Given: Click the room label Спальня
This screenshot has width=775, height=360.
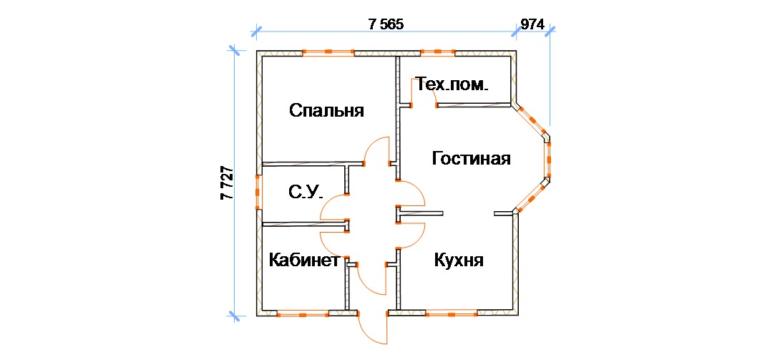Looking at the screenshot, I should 326,111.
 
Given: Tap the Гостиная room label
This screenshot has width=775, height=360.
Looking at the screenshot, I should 471,159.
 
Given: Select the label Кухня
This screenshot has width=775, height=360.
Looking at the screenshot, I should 459,261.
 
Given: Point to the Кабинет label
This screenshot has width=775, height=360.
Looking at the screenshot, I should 303,261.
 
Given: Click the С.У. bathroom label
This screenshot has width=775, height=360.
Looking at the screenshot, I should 306,192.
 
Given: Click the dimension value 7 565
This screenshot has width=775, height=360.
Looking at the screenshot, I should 386,24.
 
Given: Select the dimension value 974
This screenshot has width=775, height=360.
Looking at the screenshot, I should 532,24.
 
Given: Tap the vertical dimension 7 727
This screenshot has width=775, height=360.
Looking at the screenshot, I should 227,183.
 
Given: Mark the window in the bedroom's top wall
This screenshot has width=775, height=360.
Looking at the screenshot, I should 328,52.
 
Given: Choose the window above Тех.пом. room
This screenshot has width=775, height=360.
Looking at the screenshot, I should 437,52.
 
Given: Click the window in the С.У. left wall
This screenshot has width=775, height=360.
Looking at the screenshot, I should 258,192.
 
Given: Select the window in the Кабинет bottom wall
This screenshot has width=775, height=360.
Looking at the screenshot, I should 303,313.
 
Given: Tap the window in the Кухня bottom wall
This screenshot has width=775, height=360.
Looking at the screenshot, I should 451,313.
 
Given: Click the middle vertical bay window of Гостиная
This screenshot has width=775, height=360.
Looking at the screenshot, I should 549,157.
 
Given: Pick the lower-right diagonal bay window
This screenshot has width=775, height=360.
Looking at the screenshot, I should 532,198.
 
